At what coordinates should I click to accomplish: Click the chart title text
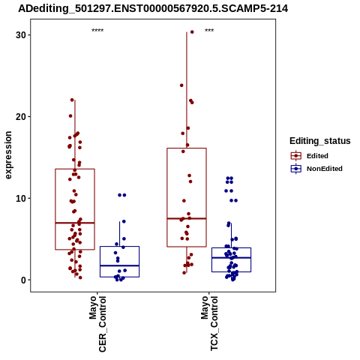click(153, 8)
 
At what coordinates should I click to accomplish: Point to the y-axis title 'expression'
click(8, 155)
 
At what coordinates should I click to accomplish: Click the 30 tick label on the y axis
click(21, 35)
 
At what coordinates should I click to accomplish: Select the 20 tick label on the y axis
click(21, 117)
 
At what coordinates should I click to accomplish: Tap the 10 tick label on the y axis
click(21, 199)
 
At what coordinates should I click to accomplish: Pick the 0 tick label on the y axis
click(24, 280)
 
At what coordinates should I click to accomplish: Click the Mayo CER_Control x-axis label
click(97, 324)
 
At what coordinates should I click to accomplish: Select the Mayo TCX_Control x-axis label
click(209, 323)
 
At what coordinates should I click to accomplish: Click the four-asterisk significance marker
click(97, 31)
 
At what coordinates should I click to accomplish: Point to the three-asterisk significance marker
click(209, 31)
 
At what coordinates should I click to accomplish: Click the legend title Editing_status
click(320, 141)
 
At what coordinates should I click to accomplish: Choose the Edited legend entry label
click(317, 156)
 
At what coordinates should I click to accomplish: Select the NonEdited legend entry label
click(325, 169)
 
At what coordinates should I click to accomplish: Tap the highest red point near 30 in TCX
click(192, 32)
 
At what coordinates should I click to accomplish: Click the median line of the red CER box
click(75, 223)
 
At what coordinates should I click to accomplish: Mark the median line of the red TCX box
click(187, 218)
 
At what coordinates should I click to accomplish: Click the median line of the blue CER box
click(119, 265)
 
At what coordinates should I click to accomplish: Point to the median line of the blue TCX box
click(231, 257)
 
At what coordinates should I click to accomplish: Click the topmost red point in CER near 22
click(72, 100)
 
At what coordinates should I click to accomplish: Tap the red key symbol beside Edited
click(296, 156)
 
